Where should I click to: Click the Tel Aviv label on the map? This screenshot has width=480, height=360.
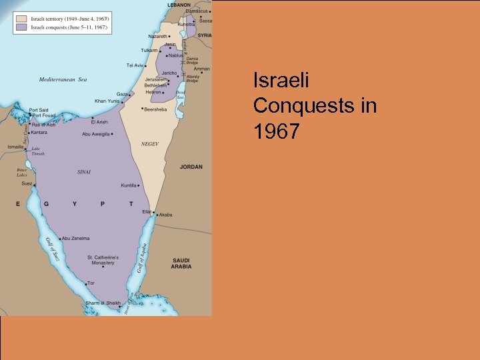[x=135, y=65]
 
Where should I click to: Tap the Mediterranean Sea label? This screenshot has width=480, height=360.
[x=63, y=80]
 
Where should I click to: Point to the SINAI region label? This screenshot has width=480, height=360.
[x=84, y=171]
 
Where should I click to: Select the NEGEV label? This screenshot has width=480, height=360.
[x=149, y=144]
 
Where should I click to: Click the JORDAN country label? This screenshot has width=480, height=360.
[x=191, y=167]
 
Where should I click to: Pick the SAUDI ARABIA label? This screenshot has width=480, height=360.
[x=181, y=263]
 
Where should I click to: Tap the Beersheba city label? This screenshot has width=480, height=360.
[x=157, y=109]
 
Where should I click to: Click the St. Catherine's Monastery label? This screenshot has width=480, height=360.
[x=103, y=260]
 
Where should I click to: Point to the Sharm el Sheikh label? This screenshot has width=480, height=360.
[x=103, y=303]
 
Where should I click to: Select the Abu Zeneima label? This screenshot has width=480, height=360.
[x=77, y=238]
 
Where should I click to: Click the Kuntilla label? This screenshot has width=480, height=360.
[x=129, y=185]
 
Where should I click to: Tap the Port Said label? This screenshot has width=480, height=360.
[x=39, y=110]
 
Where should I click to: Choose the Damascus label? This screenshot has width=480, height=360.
[x=197, y=11]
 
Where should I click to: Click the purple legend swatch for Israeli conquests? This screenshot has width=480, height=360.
[x=22, y=27]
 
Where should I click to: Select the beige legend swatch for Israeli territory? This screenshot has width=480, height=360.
[x=22, y=19]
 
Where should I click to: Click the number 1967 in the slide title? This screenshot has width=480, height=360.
[x=276, y=132]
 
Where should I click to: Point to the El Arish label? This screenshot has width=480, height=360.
[x=99, y=122]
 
